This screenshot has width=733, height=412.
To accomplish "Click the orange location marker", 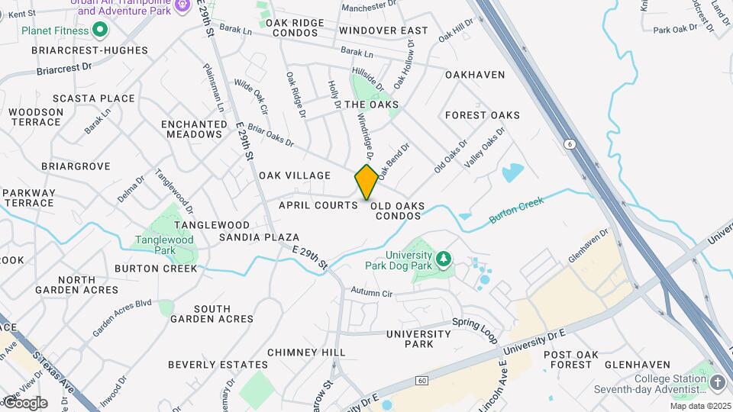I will [x=366, y=182].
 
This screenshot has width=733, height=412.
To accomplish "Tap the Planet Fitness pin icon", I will [x=99, y=31].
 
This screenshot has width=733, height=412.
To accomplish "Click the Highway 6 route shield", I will [x=570, y=143].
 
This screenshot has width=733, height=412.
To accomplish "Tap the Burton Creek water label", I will [x=516, y=211].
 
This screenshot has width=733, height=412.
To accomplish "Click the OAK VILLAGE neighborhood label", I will [x=295, y=175].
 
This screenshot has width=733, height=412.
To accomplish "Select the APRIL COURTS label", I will [x=318, y=205].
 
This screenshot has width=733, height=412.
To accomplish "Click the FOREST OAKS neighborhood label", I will [x=483, y=115].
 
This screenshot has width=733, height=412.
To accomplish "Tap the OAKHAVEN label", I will [x=475, y=75].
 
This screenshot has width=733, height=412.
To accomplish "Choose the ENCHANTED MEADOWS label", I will [x=192, y=129].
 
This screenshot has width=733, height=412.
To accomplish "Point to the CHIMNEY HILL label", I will [x=306, y=352].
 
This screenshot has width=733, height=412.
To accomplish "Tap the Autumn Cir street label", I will [x=371, y=292].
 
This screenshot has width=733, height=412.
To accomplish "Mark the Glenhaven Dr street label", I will [x=587, y=246].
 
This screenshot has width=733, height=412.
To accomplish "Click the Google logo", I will [x=24, y=402].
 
